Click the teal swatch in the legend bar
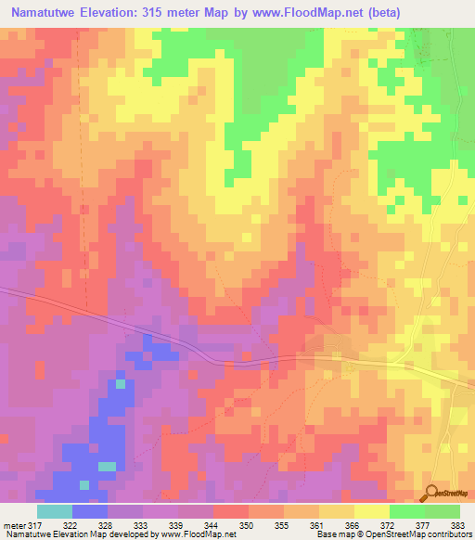coord(55,511)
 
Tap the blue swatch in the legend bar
coord(90,511)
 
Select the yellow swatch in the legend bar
coord(372,511)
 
